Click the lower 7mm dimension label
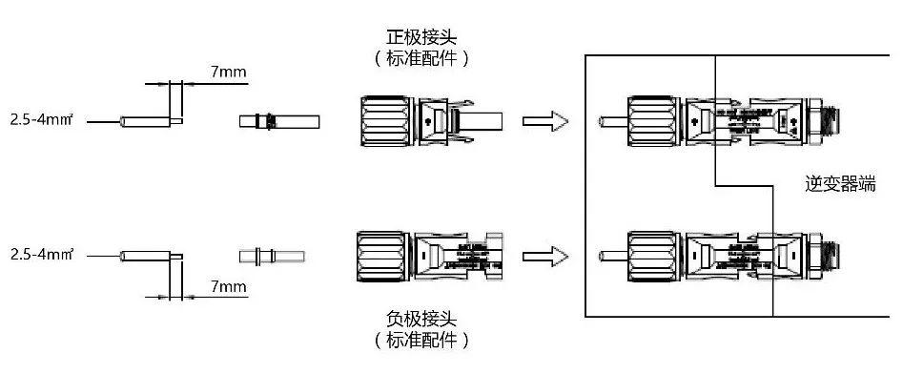227,286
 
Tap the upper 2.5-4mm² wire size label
44,122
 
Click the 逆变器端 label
840,184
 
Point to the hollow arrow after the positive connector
546,121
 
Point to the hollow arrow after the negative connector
546,256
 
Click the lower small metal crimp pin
272,256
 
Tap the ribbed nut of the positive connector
386,121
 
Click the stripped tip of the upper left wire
177,121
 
